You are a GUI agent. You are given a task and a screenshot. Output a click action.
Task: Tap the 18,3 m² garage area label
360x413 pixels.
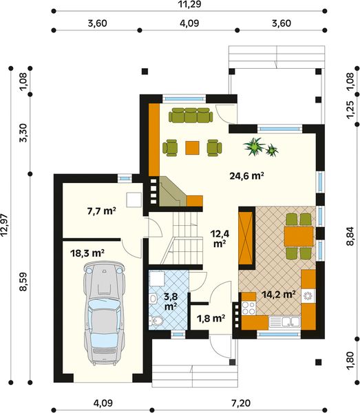87,253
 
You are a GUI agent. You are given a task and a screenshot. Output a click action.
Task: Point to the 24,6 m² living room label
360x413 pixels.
247,176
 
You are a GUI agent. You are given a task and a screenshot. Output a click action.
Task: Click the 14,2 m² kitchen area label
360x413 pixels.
279,294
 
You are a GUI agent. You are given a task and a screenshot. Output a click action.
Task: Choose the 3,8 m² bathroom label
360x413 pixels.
170,301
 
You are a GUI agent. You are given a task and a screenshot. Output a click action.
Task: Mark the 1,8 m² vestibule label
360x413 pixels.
211,318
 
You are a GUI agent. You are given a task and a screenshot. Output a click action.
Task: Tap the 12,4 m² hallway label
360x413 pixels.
219,238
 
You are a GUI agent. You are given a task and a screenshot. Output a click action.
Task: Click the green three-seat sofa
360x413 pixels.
189,115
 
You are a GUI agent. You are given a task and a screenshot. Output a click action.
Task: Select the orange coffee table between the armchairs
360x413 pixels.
193,147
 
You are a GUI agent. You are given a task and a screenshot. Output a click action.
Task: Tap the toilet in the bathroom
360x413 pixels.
157,321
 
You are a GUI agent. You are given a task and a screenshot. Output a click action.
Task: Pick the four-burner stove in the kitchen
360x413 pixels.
308,297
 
